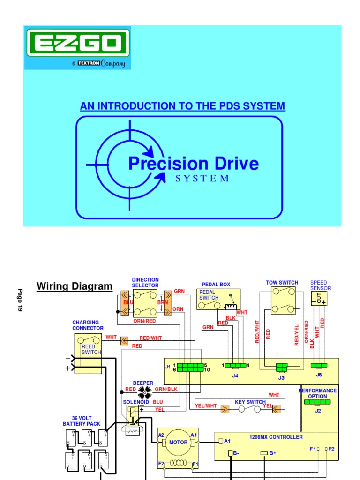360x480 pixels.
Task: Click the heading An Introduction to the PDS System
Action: pos(182,106)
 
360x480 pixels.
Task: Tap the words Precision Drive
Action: pos(193,164)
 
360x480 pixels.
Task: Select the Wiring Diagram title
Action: pos(75,286)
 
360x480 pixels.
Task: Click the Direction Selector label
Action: pos(145,283)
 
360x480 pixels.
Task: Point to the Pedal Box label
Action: pos(216,285)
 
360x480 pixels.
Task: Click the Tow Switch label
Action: pos(282,283)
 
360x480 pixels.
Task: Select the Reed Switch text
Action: pos(88,349)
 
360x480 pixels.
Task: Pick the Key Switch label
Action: pos(250,402)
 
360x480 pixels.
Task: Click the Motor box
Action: pos(178,442)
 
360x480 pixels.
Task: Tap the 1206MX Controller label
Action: pos(276,437)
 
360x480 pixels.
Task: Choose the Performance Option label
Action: pos(318,393)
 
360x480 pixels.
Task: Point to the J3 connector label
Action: pos(281,377)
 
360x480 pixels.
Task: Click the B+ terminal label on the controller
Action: pos(272,453)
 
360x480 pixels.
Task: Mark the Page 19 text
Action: pos(20,300)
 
